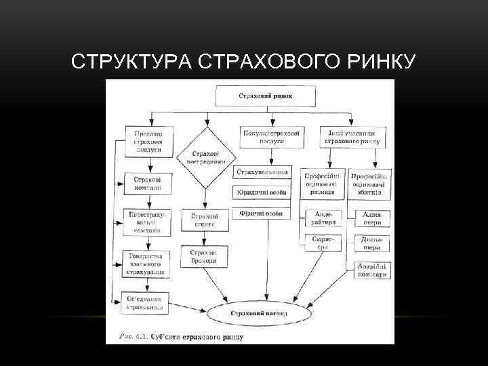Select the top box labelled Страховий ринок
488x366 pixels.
click(x=265, y=96)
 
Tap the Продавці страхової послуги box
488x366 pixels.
click(x=148, y=140)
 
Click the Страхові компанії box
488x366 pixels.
click(x=147, y=183)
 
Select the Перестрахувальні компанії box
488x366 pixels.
click(x=147, y=222)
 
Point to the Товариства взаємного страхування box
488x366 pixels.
click(x=147, y=263)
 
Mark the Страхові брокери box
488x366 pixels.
click(x=204, y=256)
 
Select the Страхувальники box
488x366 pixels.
click(x=262, y=172)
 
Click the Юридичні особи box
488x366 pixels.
click(x=262, y=192)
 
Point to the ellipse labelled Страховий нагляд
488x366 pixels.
click(x=258, y=314)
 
